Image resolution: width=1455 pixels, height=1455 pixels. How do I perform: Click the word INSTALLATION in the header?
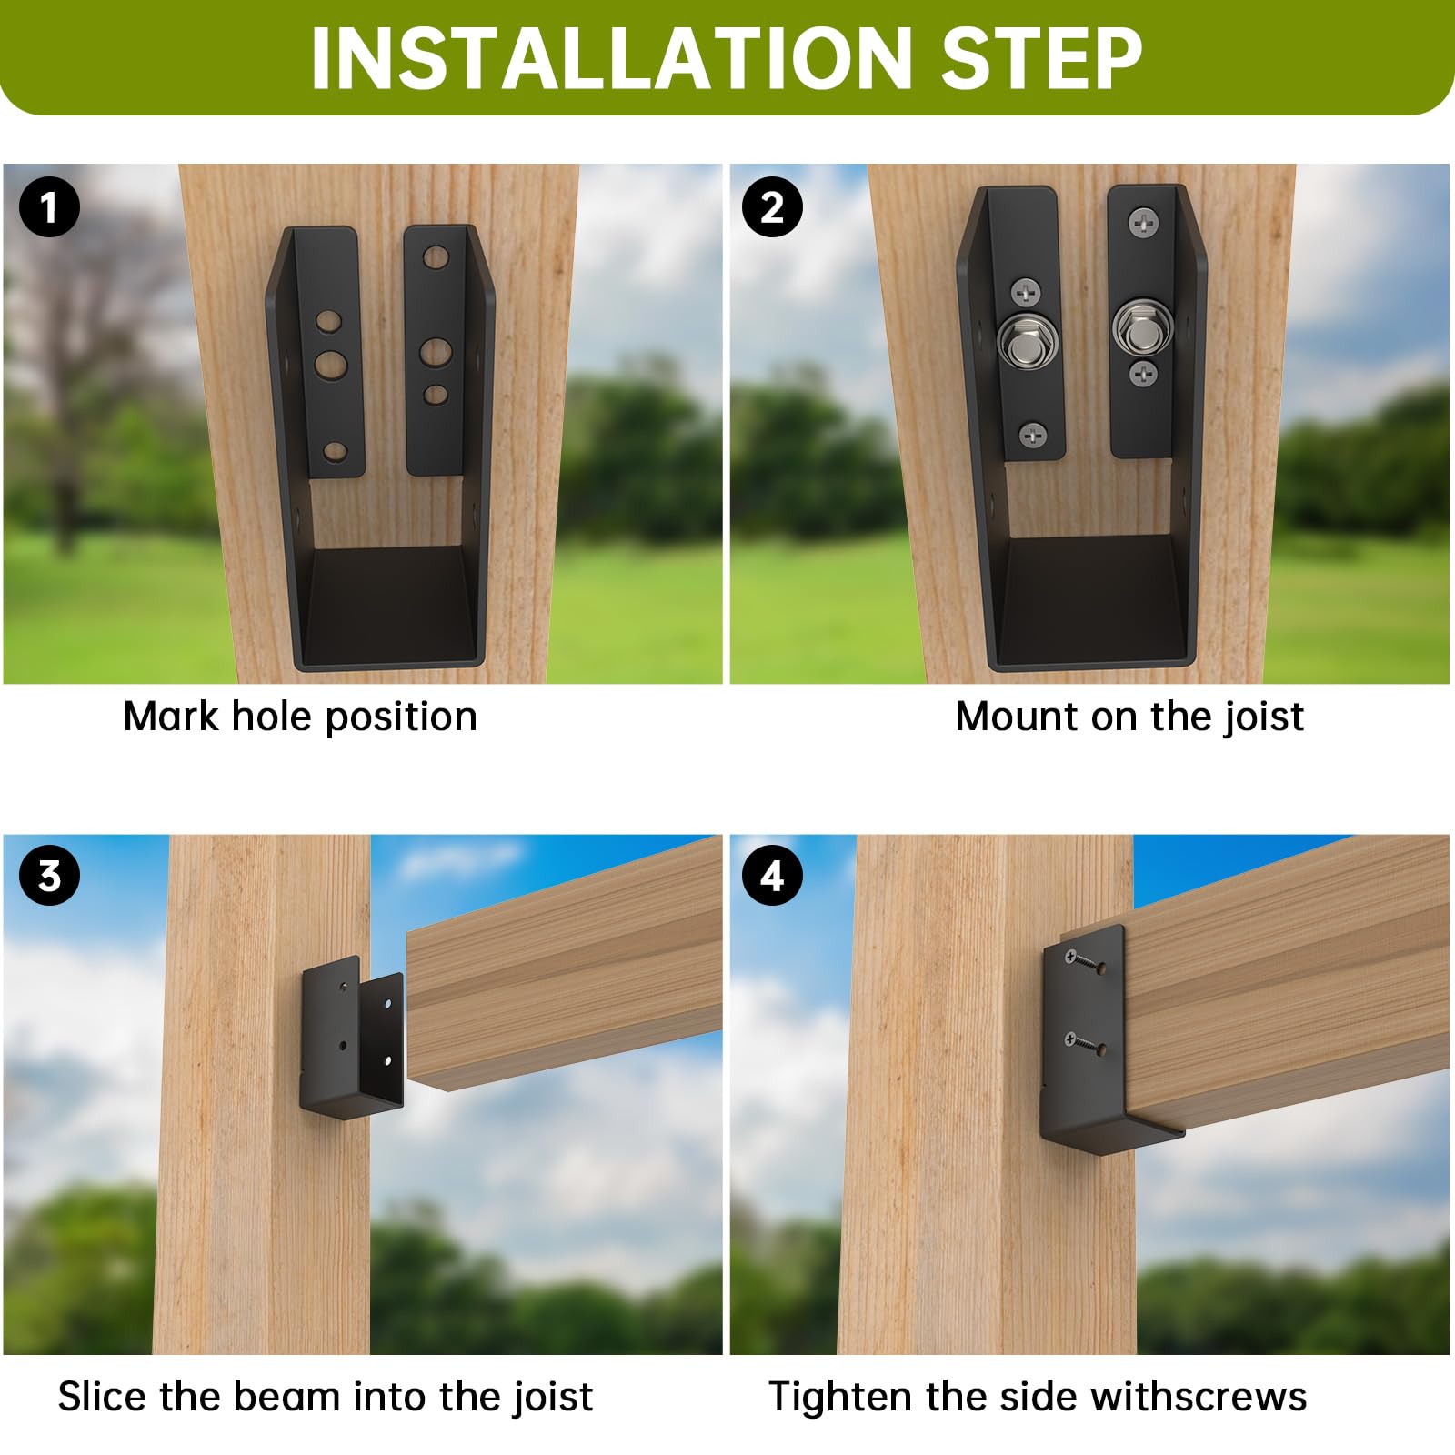pos(609,60)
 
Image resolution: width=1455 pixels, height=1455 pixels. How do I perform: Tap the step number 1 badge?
pos(49,207)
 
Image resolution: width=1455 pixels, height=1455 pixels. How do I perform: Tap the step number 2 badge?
pos(772,207)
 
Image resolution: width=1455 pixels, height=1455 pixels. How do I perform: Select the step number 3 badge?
pos(49,876)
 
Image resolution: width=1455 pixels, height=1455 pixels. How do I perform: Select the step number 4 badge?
pos(772,876)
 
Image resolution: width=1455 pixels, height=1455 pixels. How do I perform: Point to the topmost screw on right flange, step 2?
pos(1143,220)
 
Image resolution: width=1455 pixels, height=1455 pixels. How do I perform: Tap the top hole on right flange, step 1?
pos(436,258)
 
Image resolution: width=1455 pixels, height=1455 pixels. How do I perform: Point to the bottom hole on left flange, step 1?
pos(335,451)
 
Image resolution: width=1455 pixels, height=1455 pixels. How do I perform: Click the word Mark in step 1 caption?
pos(171,717)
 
